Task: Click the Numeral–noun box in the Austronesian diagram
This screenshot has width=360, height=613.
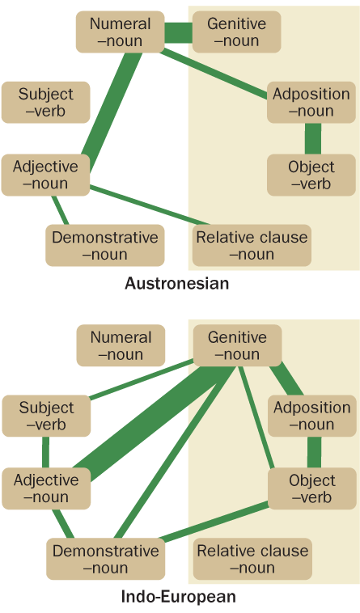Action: [120, 32]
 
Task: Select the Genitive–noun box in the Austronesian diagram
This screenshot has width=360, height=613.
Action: [236, 32]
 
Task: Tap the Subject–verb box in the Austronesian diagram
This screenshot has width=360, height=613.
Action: [46, 103]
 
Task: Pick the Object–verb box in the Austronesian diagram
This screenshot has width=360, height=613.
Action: [311, 175]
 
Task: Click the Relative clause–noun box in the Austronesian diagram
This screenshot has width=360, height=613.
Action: [252, 246]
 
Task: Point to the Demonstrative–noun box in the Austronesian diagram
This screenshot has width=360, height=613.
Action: [104, 246]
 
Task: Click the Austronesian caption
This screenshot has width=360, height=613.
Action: [176, 283]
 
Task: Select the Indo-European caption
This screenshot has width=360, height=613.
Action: [179, 597]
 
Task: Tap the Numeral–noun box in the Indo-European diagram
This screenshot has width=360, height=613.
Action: [121, 345]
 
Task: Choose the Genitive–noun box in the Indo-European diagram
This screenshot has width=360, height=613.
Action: [237, 345]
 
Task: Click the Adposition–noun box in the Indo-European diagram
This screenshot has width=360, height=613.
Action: [312, 416]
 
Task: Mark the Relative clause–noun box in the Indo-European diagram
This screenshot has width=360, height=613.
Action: [252, 559]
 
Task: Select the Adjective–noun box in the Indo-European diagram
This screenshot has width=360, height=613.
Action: [46, 488]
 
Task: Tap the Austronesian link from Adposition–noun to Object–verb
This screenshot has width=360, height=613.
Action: [313, 139]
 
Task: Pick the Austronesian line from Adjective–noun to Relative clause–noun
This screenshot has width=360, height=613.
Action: [150, 205]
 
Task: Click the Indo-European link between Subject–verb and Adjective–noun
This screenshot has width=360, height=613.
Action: [46, 452]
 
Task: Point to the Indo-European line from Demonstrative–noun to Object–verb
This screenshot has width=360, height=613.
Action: [215, 522]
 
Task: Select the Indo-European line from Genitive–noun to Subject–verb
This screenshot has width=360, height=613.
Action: [142, 378]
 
